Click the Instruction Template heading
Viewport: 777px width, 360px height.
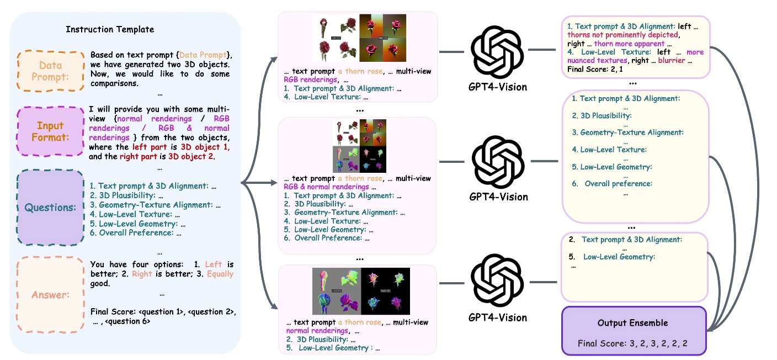(x=110, y=29)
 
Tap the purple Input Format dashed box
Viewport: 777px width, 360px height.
(x=51, y=131)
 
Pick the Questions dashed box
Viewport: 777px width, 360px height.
(x=51, y=207)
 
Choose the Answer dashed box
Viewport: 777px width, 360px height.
(x=51, y=294)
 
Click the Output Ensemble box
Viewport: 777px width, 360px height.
(x=634, y=331)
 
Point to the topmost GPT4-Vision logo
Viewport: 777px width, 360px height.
(x=497, y=52)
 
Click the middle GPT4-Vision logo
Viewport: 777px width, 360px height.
(x=498, y=162)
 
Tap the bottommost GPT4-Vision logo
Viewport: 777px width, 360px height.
(x=497, y=280)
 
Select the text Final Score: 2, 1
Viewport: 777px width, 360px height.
(x=595, y=69)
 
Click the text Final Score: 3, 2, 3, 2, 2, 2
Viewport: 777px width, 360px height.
(x=632, y=343)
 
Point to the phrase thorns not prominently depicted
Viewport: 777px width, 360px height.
(x=622, y=35)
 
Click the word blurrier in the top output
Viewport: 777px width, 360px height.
(x=672, y=60)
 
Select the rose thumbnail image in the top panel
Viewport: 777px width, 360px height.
(x=359, y=38)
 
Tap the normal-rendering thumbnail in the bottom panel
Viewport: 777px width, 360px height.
(x=361, y=291)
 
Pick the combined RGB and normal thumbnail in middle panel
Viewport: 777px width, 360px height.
(x=359, y=146)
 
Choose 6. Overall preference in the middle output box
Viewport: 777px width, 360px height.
(x=612, y=184)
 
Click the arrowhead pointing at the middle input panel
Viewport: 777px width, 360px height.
(x=274, y=183)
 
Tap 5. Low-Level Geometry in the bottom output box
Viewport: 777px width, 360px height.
(x=612, y=257)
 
